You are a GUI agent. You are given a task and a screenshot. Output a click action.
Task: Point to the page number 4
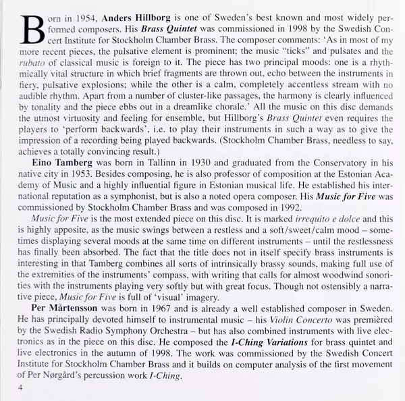21,388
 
